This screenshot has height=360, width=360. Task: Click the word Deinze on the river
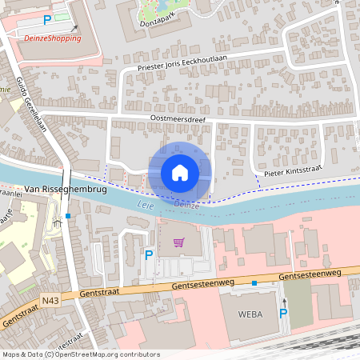pyautogui.click(x=186, y=205)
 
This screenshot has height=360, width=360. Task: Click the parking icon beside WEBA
pyautogui.click(x=282, y=313)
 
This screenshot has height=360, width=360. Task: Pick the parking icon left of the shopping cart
pyautogui.click(x=148, y=255)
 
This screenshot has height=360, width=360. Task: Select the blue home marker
pyautogui.click(x=180, y=172)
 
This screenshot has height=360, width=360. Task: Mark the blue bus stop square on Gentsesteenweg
pyautogui.click(x=254, y=283)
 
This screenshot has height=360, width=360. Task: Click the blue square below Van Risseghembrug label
pyautogui.click(x=69, y=216)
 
